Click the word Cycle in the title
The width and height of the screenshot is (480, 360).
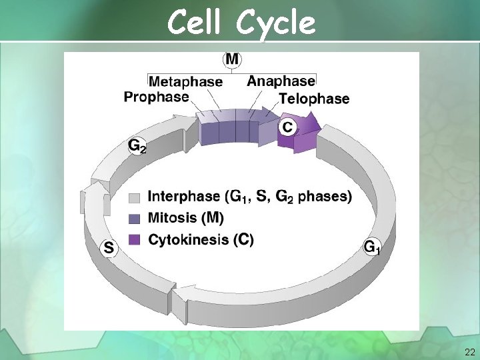coord(273,23)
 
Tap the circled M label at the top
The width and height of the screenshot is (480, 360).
coord(231,59)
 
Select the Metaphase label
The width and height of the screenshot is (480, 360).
coord(185,81)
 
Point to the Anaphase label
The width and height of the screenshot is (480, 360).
coord(281,81)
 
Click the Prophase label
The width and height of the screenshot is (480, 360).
coord(156,97)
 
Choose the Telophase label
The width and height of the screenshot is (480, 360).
coord(314,99)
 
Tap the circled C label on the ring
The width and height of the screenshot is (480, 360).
coord(287,126)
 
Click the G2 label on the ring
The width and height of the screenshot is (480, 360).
coord(137,145)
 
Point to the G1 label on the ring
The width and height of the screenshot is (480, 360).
coord(372,247)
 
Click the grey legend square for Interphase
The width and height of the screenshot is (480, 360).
coord(135,198)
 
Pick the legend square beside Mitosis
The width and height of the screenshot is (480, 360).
coord(135,218)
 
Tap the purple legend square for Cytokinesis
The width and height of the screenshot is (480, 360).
coord(135,239)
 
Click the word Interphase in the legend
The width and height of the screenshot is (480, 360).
coord(183,197)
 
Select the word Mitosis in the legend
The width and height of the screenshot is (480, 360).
coord(173,217)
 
